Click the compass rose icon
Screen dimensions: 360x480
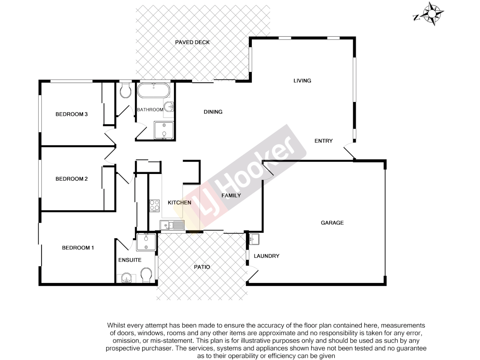432,14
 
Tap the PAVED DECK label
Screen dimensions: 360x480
192,42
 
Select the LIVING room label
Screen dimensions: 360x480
302,81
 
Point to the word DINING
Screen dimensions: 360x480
213,112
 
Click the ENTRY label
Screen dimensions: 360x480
323,141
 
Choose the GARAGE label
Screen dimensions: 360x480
332,223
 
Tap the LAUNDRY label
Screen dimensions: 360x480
266,256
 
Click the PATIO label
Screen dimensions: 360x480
202,267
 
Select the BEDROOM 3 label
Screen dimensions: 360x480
71,114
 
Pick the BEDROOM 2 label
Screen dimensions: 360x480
71,179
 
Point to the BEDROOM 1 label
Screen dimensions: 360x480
78,248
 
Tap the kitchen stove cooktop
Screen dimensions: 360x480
154,206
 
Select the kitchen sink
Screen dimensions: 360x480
172,225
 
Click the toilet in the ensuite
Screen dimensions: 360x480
146,276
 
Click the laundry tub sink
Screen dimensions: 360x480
254,239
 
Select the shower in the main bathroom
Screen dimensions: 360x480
164,130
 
